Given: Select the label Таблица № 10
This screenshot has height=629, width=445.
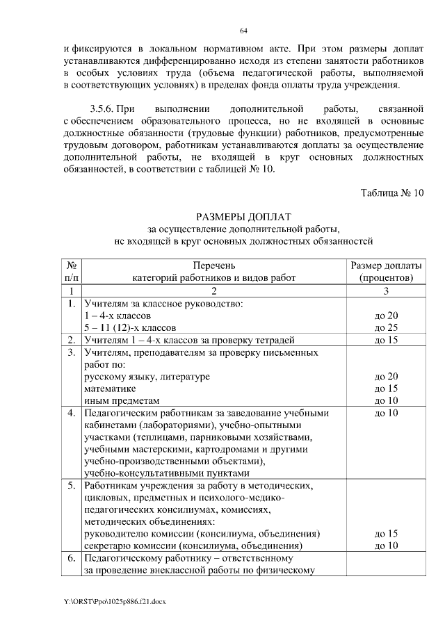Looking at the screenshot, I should click(x=392, y=193).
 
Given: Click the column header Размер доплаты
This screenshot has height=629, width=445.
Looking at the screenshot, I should click(x=386, y=266).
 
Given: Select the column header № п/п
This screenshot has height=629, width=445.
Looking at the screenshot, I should click(x=71, y=272).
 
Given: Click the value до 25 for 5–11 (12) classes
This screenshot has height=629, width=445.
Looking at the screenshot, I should click(x=386, y=327).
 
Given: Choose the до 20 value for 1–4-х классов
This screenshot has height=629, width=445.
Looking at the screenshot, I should click(x=386, y=315).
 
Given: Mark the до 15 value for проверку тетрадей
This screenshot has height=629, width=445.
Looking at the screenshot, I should click(x=386, y=340).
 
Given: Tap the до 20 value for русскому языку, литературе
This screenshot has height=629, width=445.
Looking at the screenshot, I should click(x=386, y=376).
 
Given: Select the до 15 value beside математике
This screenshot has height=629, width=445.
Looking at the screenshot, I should click(x=386, y=389).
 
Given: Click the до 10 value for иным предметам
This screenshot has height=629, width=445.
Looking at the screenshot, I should click(x=386, y=401).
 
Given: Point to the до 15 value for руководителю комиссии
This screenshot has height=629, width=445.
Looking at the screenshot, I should click(x=386, y=534).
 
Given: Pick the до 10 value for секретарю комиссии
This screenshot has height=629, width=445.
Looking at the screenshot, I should click(x=386, y=546).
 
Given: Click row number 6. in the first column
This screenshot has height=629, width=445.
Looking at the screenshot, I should click(x=71, y=558).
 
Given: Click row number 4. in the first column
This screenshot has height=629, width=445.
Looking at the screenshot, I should click(x=71, y=414).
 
